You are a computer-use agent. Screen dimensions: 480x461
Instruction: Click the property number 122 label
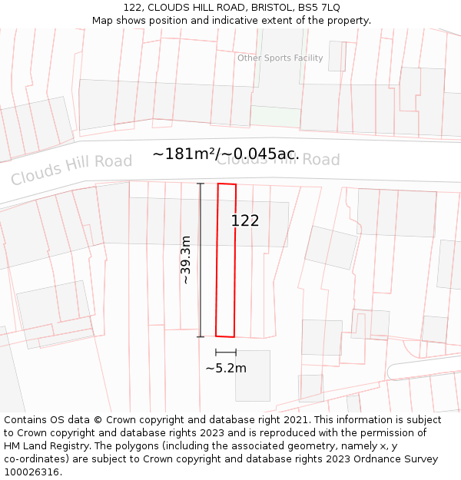[x=245, y=220]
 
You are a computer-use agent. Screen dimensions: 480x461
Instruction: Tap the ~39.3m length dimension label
[x=185, y=260]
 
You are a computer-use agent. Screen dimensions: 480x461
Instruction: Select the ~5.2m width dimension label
[x=226, y=368]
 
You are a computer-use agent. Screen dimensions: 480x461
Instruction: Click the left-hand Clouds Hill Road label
[x=71, y=170]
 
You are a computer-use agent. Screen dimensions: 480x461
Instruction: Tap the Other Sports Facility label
[x=280, y=58]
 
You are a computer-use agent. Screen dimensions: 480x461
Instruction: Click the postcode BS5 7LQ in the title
[x=318, y=8]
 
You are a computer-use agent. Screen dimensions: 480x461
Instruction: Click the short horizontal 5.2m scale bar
[x=226, y=353]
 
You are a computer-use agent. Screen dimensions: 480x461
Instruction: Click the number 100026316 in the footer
[x=32, y=472]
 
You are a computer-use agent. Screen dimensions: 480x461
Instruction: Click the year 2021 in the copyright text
[x=296, y=420]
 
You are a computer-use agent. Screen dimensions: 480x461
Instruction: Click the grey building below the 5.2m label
[x=253, y=384]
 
